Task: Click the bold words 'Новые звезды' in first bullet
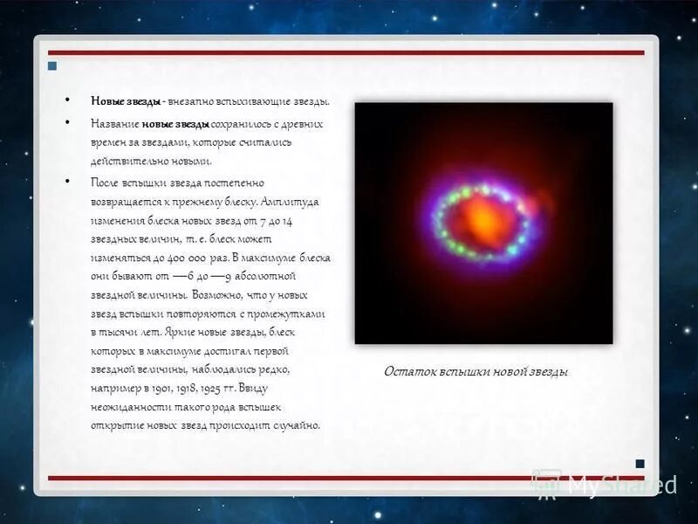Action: [x=126, y=101]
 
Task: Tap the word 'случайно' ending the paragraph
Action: [x=296, y=426]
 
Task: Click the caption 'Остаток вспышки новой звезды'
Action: [x=476, y=371]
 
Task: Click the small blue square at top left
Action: [x=52, y=66]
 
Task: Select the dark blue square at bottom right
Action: [x=640, y=464]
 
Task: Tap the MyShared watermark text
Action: [x=621, y=486]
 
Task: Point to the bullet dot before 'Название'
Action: [x=68, y=124]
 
